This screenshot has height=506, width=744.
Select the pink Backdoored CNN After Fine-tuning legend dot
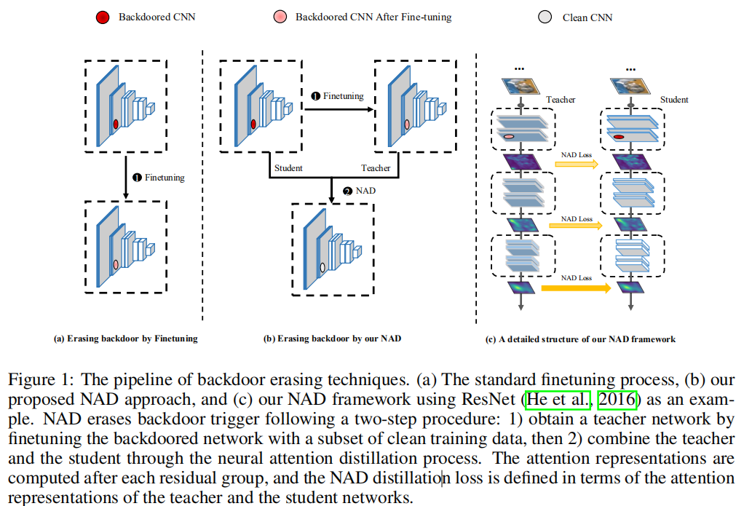pyautogui.click(x=280, y=16)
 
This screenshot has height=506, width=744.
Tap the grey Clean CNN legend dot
pyautogui.click(x=545, y=17)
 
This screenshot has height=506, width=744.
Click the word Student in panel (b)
pyautogui.click(x=288, y=168)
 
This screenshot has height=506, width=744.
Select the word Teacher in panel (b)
pyautogui.click(x=376, y=168)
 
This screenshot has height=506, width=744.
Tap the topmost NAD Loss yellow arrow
pyautogui.click(x=577, y=165)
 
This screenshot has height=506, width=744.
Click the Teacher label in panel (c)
pyautogui.click(x=561, y=100)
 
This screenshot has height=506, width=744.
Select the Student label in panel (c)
pyautogui.click(x=674, y=100)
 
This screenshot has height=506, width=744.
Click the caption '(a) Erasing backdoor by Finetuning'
pyautogui.click(x=126, y=339)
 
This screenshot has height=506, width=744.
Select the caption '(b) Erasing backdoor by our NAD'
pyautogui.click(x=332, y=339)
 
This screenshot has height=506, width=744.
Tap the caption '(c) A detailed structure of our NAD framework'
pyautogui.click(x=580, y=339)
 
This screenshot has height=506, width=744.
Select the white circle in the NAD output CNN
pyautogui.click(x=322, y=267)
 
